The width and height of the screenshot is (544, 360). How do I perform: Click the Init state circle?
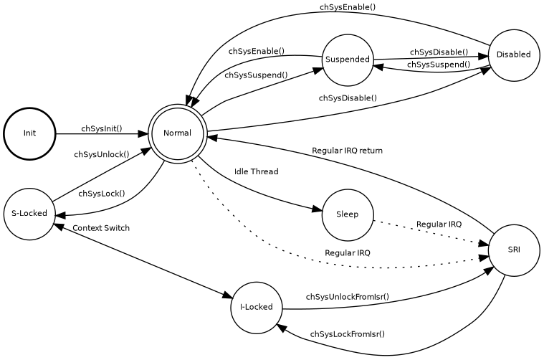click(29, 133)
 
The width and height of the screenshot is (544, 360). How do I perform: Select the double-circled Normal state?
click(177, 133)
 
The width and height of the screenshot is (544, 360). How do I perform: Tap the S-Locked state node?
click(29, 214)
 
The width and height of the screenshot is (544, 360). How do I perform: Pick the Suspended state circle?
click(348, 60)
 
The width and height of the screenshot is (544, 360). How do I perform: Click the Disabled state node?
click(513, 55)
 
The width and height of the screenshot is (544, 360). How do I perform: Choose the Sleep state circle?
click(348, 214)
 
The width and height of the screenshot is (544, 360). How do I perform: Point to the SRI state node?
click(513, 250)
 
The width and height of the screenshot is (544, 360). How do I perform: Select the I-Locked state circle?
click(256, 308)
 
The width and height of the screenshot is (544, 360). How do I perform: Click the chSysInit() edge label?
click(102, 129)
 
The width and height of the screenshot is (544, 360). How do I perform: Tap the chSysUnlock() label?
click(102, 154)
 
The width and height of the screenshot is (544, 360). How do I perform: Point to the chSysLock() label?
click(102, 194)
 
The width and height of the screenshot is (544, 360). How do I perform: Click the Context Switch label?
click(101, 228)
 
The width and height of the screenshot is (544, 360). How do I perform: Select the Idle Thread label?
click(256, 172)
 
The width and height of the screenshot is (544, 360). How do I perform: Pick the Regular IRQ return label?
click(347, 151)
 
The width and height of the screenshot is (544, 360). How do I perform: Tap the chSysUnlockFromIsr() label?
click(347, 297)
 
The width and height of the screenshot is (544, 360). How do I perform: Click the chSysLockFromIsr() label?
click(347, 334)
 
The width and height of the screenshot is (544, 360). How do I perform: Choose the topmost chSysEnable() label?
click(347, 7)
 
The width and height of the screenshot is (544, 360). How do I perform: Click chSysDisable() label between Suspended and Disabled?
click(439, 52)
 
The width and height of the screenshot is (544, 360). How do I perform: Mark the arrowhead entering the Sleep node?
click(317, 209)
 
